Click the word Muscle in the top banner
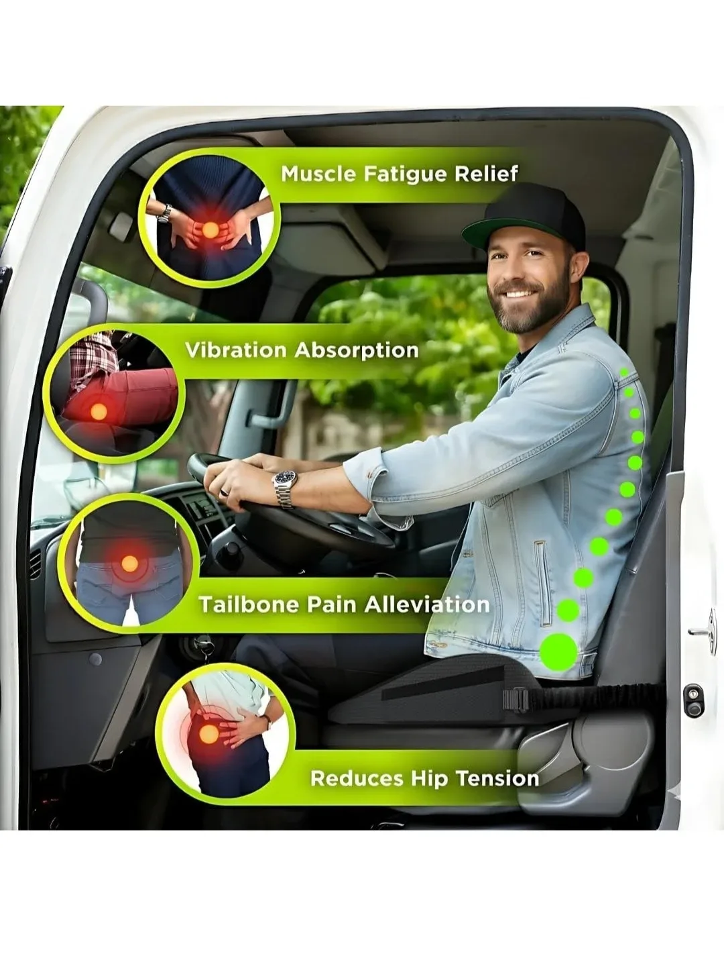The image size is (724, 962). click(318, 174)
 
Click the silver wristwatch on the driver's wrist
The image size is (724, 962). click(285, 487)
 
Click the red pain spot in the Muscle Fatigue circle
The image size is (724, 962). click(210, 230)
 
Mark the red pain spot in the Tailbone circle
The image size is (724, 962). click(129, 564)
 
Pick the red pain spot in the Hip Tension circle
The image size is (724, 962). click(208, 735)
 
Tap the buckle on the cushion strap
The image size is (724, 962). click(516, 700)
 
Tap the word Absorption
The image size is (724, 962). click(357, 350)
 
